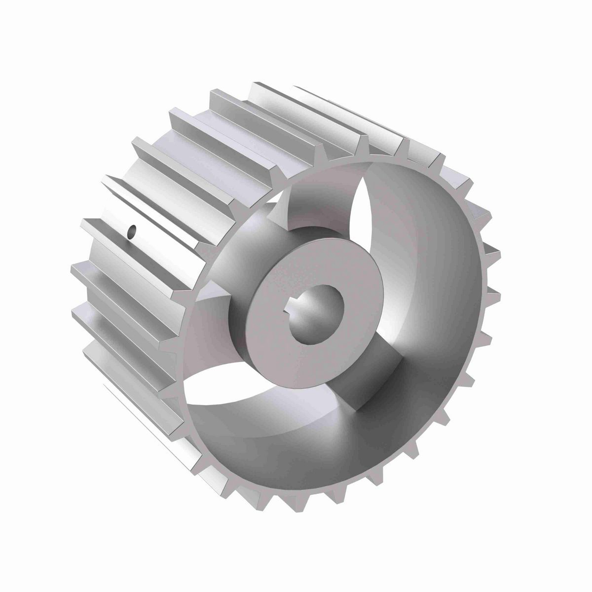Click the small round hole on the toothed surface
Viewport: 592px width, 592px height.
click(132, 231)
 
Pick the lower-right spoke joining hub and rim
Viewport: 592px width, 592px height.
click(380, 370)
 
